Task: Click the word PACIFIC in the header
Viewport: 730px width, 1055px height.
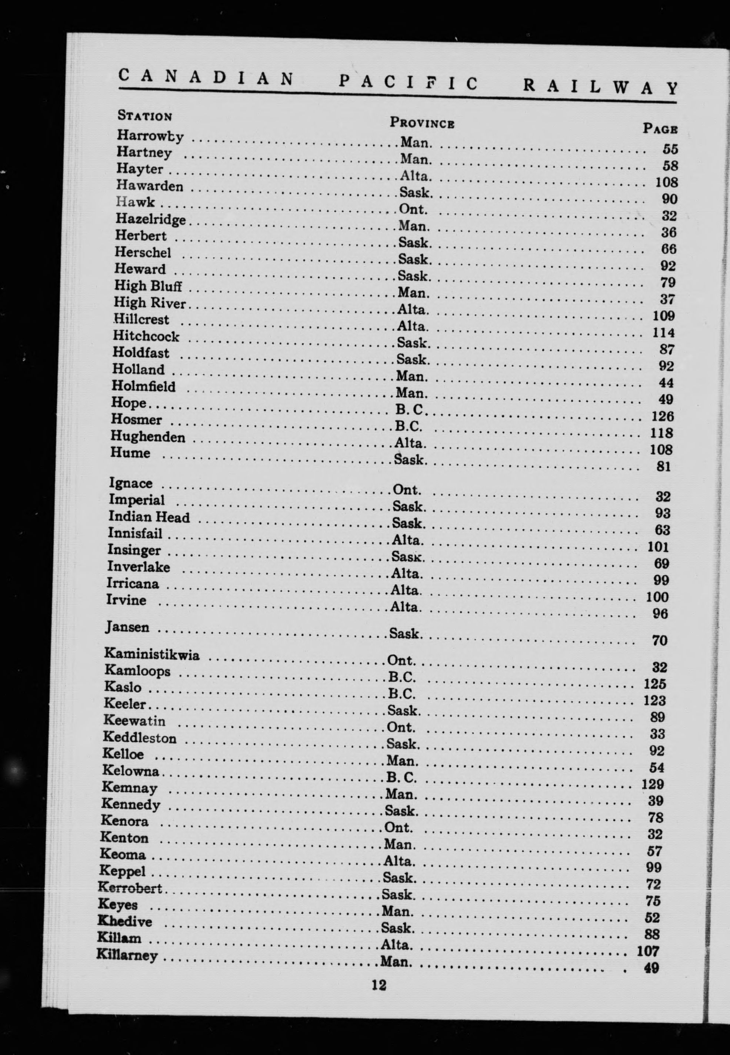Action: [x=408, y=83]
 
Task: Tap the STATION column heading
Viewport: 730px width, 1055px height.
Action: [x=144, y=115]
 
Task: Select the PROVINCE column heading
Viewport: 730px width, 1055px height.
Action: [x=422, y=123]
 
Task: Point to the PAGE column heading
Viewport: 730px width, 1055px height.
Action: [x=660, y=129]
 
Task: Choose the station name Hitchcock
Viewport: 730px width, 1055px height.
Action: [x=146, y=337]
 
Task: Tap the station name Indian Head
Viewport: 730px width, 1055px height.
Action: [x=149, y=517]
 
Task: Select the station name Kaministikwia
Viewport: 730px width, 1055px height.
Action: [x=152, y=655]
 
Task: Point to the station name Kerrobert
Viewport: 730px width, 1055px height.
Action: [x=130, y=888]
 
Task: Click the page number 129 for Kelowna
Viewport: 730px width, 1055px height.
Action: [x=652, y=784]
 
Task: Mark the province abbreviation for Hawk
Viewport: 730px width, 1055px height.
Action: [x=413, y=209]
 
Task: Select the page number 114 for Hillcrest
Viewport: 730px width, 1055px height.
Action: [x=664, y=333]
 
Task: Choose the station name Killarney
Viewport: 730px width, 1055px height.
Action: [x=127, y=955]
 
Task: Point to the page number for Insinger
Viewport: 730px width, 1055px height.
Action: [x=661, y=563]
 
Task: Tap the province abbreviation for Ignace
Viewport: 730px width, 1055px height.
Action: [x=407, y=490]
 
